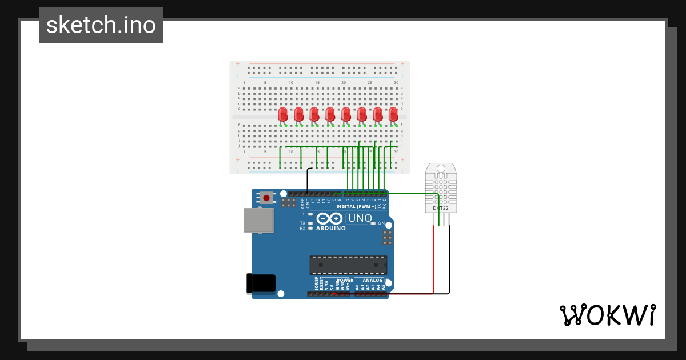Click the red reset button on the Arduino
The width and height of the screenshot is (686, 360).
pyautogui.click(x=266, y=198)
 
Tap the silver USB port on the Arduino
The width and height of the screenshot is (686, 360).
pyautogui.click(x=258, y=220)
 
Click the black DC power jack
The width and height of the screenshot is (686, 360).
pyautogui.click(x=261, y=284)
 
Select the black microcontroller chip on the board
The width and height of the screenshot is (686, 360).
pyautogui.click(x=348, y=265)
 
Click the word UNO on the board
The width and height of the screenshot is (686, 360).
pyautogui.click(x=360, y=218)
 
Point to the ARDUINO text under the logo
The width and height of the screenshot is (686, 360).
pyautogui.click(x=331, y=229)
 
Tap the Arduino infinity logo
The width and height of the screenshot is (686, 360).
pyautogui.click(x=329, y=218)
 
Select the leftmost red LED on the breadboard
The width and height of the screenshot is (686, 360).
pyautogui.click(x=283, y=114)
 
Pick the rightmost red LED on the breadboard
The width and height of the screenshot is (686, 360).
pyautogui.click(x=393, y=114)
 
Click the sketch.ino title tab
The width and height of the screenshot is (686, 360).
pyautogui.click(x=101, y=25)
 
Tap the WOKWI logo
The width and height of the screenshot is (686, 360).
pyautogui.click(x=607, y=315)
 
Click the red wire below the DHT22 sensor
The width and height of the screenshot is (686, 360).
pyautogui.click(x=433, y=257)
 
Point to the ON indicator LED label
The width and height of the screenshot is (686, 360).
pyautogui.click(x=381, y=223)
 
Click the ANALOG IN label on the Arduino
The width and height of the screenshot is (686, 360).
pyautogui.click(x=376, y=281)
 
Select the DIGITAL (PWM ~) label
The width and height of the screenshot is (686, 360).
pyautogui.click(x=357, y=206)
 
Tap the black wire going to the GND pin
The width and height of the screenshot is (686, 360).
pyautogui.click(x=307, y=180)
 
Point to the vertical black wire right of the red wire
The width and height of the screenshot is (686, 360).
pyautogui.click(x=449, y=257)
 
